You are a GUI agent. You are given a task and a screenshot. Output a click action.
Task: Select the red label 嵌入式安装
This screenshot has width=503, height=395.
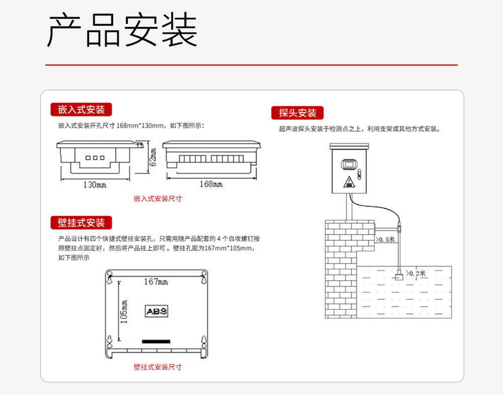[81, 110]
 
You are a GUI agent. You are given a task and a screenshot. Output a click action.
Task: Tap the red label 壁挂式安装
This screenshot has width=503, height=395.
[81, 223]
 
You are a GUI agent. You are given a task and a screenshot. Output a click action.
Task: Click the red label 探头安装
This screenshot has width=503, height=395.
[298, 113]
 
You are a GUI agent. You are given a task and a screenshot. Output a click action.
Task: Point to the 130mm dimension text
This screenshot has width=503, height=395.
[95, 185]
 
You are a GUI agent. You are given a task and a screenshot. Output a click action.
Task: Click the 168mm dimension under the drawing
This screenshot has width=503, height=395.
[211, 184]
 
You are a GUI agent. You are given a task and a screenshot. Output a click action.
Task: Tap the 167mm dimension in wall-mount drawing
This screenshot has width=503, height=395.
[156, 282]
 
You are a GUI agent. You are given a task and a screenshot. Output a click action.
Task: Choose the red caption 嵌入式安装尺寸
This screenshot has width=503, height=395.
[157, 199]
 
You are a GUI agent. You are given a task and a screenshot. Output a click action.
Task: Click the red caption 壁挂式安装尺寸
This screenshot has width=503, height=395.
[157, 367]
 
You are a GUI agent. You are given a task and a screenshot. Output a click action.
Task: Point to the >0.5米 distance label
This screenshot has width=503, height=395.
[386, 239]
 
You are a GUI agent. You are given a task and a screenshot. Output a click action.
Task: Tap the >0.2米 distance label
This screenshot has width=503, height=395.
[415, 273]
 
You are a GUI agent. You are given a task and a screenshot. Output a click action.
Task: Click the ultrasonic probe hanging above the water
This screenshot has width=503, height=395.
[399, 275]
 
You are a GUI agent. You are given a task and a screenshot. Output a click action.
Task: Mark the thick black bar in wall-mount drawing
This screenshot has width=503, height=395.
[156, 341]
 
